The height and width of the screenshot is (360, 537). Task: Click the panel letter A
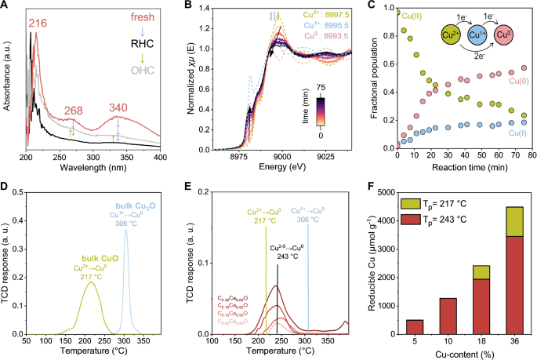click(5, 7)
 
